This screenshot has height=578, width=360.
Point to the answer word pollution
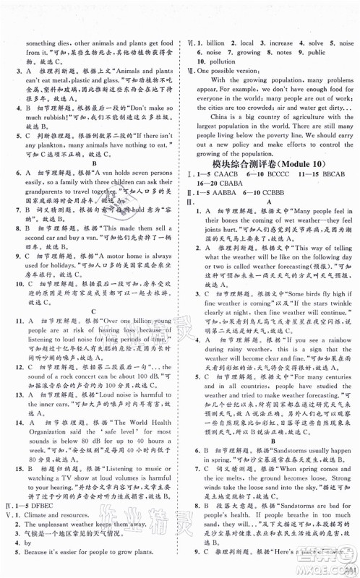tap(220, 62)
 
